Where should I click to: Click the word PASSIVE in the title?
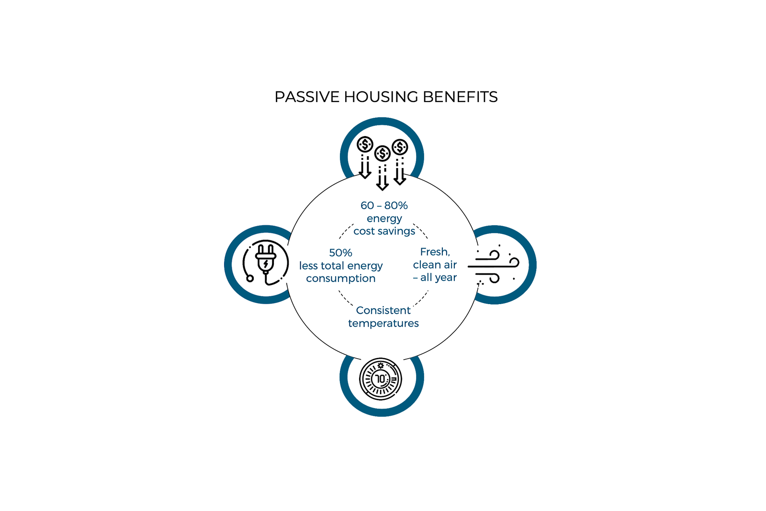click(x=307, y=97)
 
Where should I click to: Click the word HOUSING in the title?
click(x=381, y=97)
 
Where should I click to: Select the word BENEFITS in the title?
click(x=460, y=97)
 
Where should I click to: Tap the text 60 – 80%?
click(x=384, y=205)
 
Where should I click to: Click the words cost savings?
click(x=384, y=231)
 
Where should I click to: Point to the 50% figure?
click(x=340, y=253)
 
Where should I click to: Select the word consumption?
click(x=340, y=279)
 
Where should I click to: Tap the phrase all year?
click(x=439, y=277)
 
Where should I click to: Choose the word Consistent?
click(x=383, y=310)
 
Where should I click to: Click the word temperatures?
click(x=383, y=324)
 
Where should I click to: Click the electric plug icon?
click(x=265, y=263)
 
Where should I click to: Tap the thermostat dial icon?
click(x=381, y=379)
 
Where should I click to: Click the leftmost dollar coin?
click(x=365, y=144)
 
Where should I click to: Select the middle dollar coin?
click(x=383, y=153)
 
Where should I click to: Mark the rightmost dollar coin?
click(x=400, y=148)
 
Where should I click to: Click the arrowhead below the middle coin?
click(x=383, y=186)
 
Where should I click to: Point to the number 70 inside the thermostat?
click(x=381, y=379)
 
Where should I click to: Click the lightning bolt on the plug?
click(x=266, y=264)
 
